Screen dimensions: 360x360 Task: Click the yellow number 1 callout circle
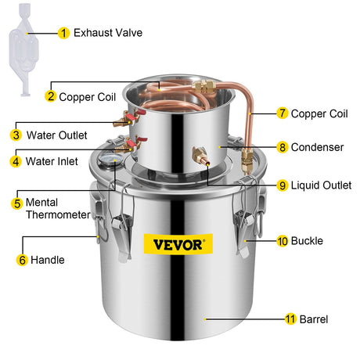63,33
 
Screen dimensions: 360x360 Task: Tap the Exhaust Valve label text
108,33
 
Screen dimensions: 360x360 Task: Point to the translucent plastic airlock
23,49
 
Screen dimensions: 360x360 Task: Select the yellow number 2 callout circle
51,96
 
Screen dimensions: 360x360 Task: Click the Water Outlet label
57,135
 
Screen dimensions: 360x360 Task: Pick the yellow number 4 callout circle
16,161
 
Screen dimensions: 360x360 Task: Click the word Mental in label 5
41,203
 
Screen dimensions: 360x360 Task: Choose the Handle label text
48,260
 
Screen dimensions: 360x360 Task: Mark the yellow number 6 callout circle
22,260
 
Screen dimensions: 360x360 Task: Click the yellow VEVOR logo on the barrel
178,244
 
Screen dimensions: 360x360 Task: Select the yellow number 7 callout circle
283,113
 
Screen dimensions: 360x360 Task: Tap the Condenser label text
317,147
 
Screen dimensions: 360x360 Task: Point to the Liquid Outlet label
321,185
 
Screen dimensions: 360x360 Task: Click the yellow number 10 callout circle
283,241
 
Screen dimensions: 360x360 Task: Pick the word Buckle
307,241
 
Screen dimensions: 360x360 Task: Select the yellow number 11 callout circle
290,319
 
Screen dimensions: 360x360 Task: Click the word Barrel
314,319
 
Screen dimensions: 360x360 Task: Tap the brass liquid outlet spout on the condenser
201,157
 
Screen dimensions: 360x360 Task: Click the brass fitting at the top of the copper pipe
204,86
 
